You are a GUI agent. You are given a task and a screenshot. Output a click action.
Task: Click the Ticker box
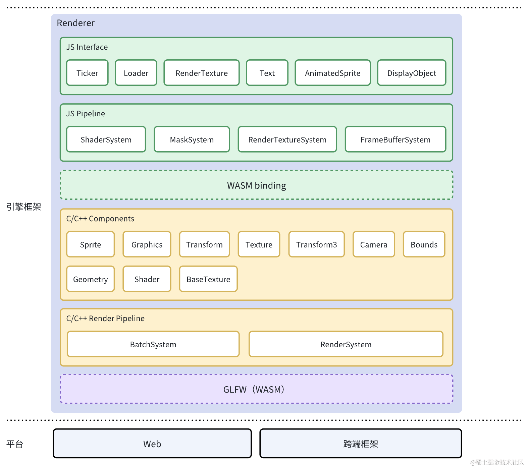tap(87, 73)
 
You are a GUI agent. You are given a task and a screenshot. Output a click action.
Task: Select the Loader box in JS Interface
tap(136, 73)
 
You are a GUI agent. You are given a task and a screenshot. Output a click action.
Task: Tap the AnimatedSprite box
tap(333, 73)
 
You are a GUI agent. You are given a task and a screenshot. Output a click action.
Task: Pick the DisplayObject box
tap(412, 73)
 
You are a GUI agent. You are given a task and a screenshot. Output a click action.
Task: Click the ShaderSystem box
tap(106, 139)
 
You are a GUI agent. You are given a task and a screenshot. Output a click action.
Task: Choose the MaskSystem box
tap(192, 139)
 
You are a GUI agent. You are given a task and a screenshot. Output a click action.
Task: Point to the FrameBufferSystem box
tap(396, 139)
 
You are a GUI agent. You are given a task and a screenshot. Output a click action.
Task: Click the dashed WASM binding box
tap(257, 185)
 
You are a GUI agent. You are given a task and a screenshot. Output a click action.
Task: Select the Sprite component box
tap(91, 244)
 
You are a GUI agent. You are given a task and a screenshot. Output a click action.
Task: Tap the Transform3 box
tap(317, 244)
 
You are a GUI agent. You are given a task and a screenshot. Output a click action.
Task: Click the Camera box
tap(374, 244)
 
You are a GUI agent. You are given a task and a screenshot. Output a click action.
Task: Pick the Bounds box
tap(424, 244)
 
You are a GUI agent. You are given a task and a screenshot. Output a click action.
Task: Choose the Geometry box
tap(91, 279)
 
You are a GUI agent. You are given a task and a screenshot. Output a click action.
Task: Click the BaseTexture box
tap(208, 279)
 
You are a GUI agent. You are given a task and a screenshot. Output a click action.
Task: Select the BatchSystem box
tap(153, 344)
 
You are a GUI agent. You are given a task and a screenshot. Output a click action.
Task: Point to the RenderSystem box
tap(346, 344)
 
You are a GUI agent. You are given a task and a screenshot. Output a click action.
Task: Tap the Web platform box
tap(152, 444)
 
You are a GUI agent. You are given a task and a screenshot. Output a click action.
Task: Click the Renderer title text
tap(76, 23)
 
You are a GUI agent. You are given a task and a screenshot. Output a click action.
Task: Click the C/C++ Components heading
tap(100, 219)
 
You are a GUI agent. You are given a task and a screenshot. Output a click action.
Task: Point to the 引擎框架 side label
tap(23, 207)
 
